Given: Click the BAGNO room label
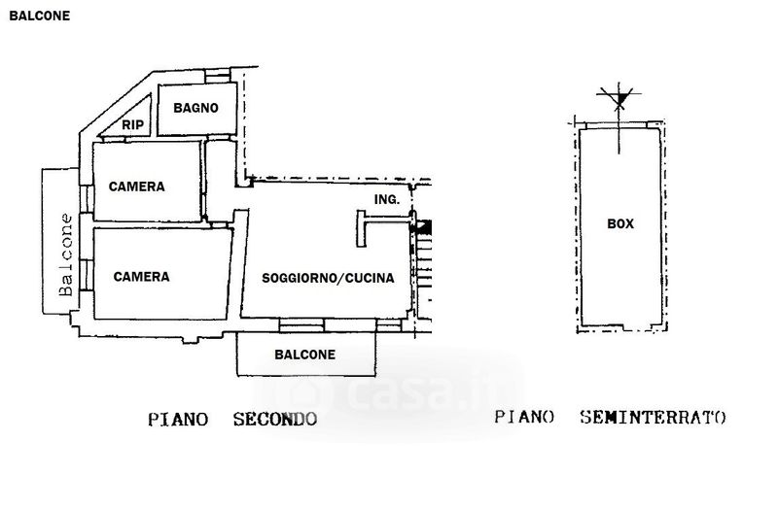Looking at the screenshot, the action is (195, 108).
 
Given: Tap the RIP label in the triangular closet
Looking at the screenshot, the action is (132, 125).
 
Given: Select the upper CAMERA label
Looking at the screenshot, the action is (136, 187).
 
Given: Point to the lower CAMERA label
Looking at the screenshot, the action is (141, 277).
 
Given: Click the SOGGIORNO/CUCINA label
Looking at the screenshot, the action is (328, 278).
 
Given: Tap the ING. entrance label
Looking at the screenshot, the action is (386, 199).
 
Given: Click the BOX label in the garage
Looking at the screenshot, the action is (620, 223).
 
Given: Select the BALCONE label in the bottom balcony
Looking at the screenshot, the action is (304, 355).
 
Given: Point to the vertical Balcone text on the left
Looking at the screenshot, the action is (66, 254).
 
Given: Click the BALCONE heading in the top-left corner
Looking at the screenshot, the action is (40, 16).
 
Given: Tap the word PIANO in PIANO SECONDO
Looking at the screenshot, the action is (178, 420).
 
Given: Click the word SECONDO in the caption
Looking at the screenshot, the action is (275, 420).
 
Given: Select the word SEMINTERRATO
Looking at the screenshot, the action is (653, 418).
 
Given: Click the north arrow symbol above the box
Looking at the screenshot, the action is (619, 99).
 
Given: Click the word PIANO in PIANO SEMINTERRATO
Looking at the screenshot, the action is (524, 418).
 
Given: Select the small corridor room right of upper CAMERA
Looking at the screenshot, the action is (220, 181).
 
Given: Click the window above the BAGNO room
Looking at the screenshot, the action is (218, 76).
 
